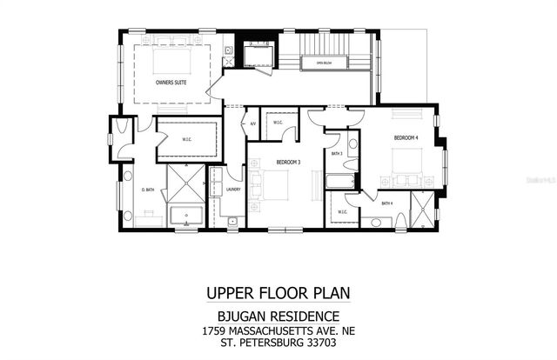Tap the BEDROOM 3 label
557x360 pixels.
[x=289, y=163]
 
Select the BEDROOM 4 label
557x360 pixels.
[x=406, y=138]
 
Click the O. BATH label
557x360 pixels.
[x=148, y=190]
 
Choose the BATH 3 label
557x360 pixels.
[x=337, y=154]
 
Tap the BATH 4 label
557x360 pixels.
[x=387, y=203]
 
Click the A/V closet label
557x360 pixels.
[x=252, y=123]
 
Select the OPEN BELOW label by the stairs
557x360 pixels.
[x=325, y=62]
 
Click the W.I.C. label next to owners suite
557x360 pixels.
[x=186, y=137]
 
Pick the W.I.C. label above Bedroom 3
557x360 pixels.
[x=278, y=123]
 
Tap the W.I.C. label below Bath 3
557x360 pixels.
[x=342, y=210]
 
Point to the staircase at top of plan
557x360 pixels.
[x=335, y=43]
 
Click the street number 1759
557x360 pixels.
[x=213, y=331]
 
